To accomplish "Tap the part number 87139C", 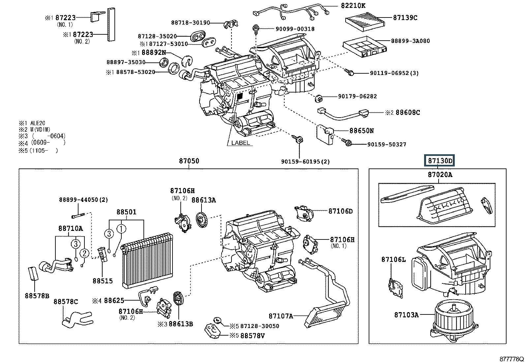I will pos(405,18).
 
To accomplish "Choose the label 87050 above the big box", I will pos(189,161).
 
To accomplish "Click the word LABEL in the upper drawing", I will pos(240,143).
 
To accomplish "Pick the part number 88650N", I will pos(361,131).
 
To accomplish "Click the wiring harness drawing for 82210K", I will pos(290,10).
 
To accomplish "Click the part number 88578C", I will pos(66,302).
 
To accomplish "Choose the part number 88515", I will pos(103,281).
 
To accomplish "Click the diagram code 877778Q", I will pos(511,359).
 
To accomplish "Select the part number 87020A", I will pos(440,175).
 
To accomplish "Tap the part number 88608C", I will pos(408,113).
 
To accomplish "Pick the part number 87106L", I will pos(393,260).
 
